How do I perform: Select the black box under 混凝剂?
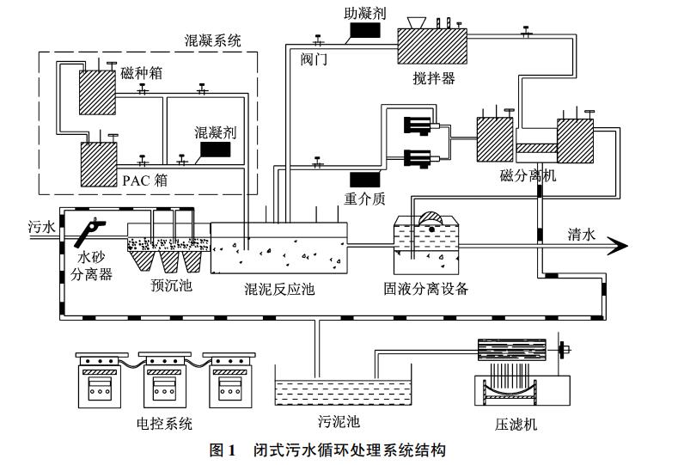214,149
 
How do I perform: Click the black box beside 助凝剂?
363,32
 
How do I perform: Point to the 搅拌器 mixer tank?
431,45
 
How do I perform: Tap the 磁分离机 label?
528,175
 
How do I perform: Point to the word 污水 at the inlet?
41,227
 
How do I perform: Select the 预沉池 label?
171,285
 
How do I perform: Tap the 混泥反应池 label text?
279,289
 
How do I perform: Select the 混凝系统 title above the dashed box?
214,40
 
